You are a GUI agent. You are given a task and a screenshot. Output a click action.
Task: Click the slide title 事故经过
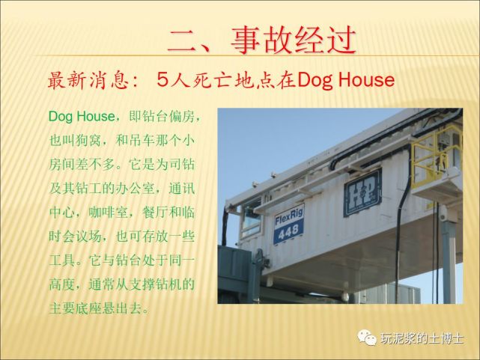coord(294,40)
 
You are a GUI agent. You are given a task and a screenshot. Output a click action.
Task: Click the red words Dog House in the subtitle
coord(346,80)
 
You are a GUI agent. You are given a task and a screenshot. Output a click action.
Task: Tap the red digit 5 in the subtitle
coord(162,80)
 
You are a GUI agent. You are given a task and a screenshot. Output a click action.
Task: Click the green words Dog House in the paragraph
coord(81,117)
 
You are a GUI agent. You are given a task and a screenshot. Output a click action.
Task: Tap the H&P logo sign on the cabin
coord(363,192)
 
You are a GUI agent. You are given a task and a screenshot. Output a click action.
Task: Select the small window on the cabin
coord(252,219)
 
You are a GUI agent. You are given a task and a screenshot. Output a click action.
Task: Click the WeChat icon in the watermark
coord(367,338)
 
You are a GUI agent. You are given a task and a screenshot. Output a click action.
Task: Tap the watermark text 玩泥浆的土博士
coord(422,338)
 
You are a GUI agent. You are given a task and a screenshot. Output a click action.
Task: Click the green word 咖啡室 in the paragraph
coord(108,213)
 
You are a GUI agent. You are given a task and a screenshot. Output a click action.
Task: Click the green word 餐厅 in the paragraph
coord(155,213)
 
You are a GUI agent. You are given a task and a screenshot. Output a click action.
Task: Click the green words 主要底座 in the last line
coord(75,308)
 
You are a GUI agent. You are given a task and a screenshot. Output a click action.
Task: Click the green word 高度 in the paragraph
coord(62,284)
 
